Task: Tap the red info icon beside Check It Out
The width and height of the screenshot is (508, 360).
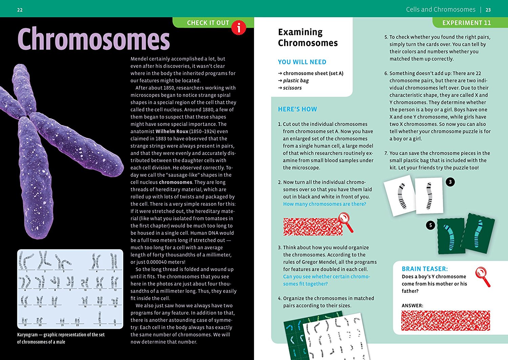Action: tap(239, 27)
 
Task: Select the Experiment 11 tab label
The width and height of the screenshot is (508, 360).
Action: tap(466, 23)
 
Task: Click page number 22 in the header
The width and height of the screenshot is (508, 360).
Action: tap(20, 10)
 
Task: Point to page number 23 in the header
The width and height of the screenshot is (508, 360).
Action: tap(488, 10)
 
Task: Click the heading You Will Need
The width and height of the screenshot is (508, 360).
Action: tap(302, 62)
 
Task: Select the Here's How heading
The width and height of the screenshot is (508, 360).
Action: tap(297, 109)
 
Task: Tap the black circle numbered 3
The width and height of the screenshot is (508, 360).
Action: tap(450, 182)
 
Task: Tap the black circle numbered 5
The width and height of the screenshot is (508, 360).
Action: tap(430, 225)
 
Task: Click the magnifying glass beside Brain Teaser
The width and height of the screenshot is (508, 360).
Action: tap(482, 276)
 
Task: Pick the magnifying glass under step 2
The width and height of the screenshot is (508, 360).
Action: tap(346, 222)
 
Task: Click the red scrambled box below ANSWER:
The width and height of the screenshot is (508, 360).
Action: tap(445, 320)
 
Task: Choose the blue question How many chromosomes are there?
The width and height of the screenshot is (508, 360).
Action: tap(324, 204)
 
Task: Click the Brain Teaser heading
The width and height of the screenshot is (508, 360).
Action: tap(425, 269)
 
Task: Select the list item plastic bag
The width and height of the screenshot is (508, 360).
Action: tap(296, 81)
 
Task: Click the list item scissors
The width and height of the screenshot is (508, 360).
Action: tap(292, 88)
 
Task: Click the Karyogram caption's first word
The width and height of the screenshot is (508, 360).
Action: tap(28, 335)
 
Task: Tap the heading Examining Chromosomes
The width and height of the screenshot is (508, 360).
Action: tap(308, 37)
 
